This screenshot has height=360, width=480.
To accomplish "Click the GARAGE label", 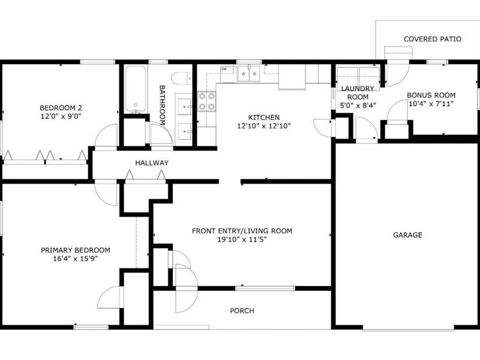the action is point(407,235).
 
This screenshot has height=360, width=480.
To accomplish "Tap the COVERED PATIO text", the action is point(432,39).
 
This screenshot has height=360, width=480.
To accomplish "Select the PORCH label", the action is point(242,311).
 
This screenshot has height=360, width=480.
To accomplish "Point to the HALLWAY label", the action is point(152,163).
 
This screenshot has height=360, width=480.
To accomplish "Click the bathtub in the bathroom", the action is point(136,89).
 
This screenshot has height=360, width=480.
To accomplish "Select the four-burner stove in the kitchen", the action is point(206,101).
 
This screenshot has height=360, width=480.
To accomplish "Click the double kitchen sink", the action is point(249,74).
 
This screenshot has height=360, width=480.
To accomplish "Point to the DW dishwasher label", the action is point(224,69).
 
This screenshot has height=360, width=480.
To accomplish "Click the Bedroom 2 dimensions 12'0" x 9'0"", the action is point(61,116).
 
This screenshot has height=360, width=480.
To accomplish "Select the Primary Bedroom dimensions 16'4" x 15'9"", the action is point(76,259).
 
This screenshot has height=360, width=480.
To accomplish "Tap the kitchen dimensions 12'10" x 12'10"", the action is point(263,126).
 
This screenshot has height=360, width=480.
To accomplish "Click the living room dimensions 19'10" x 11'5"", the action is point(242,239).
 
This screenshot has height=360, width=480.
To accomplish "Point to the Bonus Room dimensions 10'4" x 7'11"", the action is point(431,103).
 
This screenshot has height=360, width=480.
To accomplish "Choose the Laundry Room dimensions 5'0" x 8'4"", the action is point(358,106).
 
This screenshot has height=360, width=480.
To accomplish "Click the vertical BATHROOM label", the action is point(162,105).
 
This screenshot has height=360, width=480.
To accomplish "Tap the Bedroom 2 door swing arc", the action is point(103,131).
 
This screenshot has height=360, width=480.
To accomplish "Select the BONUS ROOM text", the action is point(431,95).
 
